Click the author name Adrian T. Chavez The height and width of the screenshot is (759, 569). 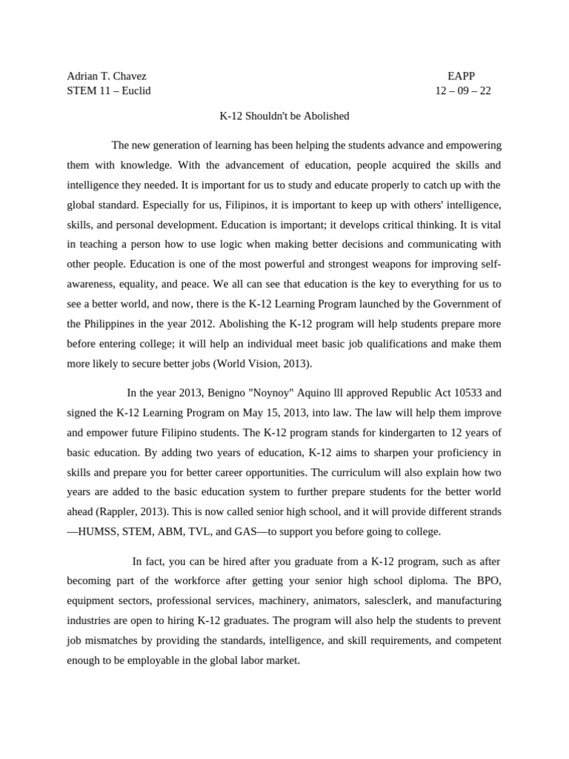pos(107,76)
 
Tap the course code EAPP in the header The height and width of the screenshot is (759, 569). pos(461,76)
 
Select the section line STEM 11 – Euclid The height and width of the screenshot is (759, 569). pos(109,91)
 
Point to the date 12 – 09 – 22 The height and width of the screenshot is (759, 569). pos(462,91)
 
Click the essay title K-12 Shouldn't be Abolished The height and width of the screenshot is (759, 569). pos(284,116)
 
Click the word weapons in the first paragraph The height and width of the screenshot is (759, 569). pos(365,265)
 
